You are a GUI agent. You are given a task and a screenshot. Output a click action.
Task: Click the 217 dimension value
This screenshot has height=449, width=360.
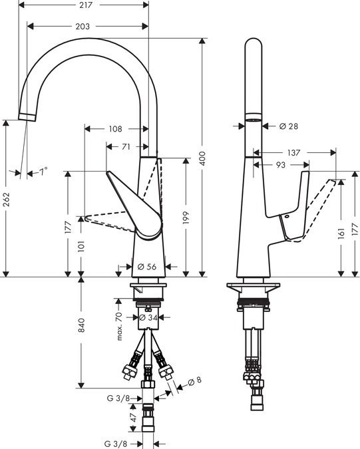click(86, 5)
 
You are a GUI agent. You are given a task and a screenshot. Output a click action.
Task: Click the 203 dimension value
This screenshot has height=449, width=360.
click(83, 27)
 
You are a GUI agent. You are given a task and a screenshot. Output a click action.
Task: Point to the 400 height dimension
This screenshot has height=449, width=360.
click(202, 158)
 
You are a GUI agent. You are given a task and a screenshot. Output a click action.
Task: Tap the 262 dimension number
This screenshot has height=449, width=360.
click(6, 200)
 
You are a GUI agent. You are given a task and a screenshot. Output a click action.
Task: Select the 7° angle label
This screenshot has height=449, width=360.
click(43, 172)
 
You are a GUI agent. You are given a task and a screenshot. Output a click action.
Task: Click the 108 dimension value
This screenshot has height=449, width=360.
click(115, 129)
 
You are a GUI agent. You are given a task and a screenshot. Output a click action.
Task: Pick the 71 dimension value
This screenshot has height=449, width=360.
click(126, 146)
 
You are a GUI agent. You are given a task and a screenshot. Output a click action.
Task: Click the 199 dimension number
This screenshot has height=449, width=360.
click(186, 218)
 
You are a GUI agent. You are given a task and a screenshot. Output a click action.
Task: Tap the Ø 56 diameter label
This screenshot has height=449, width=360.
click(147, 267)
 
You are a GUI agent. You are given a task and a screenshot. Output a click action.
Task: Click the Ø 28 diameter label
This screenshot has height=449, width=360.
click(288, 126)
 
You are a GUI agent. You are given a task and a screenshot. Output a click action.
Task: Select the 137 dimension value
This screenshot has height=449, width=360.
click(293, 152)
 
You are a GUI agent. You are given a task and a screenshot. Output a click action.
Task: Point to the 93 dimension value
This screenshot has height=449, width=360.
click(281, 165)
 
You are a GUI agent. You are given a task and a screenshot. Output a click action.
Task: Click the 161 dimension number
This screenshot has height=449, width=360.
click(341, 233)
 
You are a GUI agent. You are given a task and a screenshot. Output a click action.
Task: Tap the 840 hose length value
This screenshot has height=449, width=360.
click(82, 325)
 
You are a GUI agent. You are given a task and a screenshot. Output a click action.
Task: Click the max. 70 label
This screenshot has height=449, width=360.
click(119, 327)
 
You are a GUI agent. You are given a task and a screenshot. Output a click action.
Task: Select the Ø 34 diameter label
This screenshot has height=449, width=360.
click(148, 317)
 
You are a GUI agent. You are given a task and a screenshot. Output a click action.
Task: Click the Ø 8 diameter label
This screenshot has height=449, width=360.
click(195, 381)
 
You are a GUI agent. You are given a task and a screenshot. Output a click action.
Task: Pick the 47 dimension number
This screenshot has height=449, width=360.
click(133, 418)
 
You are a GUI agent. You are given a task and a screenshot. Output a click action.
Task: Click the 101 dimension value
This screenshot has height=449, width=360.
click(81, 246)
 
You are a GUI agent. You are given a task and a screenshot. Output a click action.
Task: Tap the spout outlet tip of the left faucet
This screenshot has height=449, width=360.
click(27, 118)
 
